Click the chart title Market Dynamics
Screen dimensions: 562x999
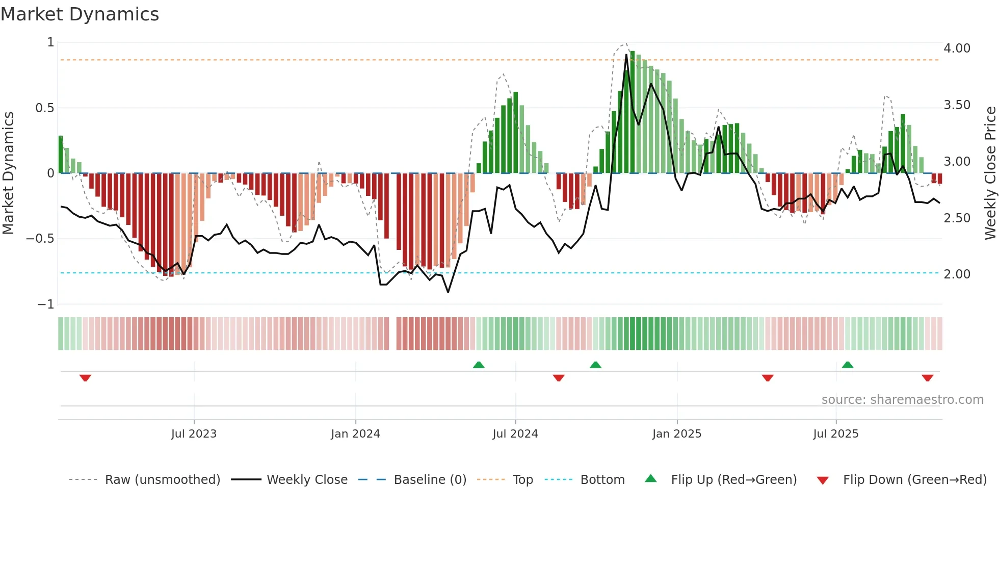coord(80,14)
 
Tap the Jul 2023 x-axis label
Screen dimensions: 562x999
coord(194,434)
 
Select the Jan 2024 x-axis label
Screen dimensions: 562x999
coord(355,434)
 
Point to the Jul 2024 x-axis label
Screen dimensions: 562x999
coord(515,434)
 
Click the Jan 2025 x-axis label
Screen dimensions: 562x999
coord(677,434)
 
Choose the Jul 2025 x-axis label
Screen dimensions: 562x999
coord(836,434)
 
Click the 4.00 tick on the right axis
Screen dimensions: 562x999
coord(957,48)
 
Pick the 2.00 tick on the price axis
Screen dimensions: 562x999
coord(957,274)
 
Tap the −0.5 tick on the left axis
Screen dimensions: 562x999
coord(40,239)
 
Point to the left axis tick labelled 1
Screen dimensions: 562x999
coord(50,42)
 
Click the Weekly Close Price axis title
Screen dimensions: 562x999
coord(990,173)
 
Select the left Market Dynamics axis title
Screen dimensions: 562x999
coord(8,173)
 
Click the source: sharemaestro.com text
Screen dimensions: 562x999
coord(902,400)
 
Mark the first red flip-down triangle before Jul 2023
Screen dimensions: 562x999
coord(85,378)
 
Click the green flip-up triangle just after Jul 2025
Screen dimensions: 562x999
coord(848,365)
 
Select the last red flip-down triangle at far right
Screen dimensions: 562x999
coord(927,378)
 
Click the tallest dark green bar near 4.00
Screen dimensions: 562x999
coord(633,112)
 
